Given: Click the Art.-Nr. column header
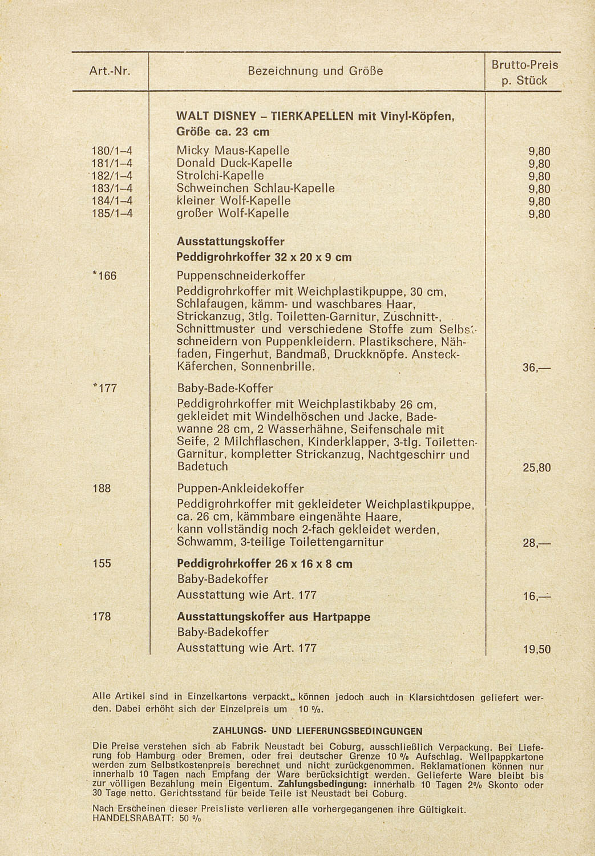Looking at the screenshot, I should click(110, 72).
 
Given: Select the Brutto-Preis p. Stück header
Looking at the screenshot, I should click(524, 72).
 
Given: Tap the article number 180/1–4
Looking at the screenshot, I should click(112, 151).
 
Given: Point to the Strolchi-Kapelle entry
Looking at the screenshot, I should click(220, 176).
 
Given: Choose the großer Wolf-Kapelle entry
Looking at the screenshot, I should click(233, 213).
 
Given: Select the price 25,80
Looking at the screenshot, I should click(537, 468).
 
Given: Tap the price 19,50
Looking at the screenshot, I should click(537, 649).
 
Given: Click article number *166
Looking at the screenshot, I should click(104, 276).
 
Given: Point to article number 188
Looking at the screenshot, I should click(102, 488).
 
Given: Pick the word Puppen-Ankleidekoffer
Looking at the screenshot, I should click(240, 489).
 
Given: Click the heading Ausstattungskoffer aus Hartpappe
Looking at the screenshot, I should click(273, 617).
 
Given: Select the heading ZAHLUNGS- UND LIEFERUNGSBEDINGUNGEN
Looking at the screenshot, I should click(317, 731).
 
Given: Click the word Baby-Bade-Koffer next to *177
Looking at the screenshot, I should click(225, 389).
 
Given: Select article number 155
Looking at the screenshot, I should click(102, 564).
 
